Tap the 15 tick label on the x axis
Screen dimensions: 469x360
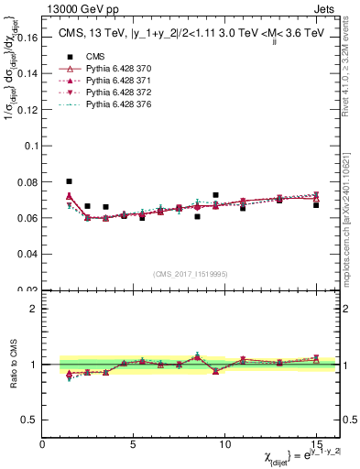[x=316, y=444]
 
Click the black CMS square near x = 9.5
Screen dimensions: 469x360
[x=215, y=195]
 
